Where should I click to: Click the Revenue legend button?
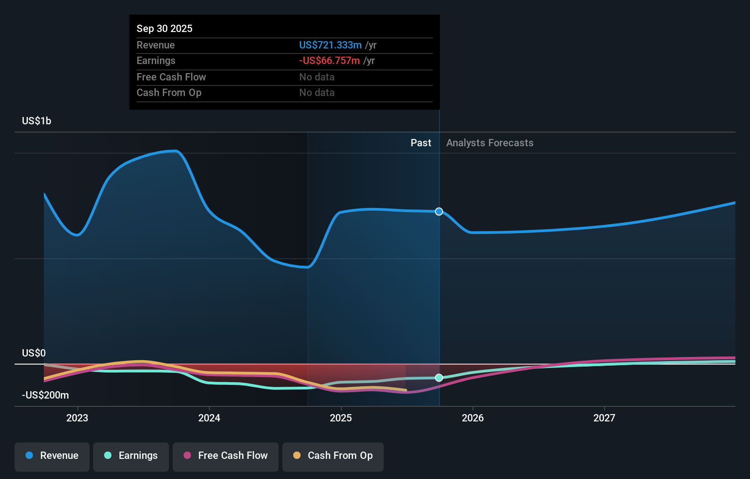[x=52, y=456]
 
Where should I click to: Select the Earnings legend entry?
[x=131, y=456]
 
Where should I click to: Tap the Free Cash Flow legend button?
[x=226, y=456]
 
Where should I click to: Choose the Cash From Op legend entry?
[x=333, y=456]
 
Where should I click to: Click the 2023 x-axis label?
[x=77, y=418]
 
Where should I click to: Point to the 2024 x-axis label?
[x=209, y=418]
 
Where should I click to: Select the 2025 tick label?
[x=341, y=418]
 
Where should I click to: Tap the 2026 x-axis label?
[x=473, y=418]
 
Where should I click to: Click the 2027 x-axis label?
[x=604, y=418]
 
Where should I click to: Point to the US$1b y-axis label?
[x=37, y=121]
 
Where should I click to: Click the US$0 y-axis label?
[x=34, y=353]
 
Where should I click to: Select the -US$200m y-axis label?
[x=45, y=395]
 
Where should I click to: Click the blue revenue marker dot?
[x=439, y=212]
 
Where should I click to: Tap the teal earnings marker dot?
[x=439, y=378]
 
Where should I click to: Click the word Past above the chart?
[x=421, y=143]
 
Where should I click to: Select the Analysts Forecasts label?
[x=490, y=143]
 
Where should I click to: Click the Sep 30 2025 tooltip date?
[x=164, y=29]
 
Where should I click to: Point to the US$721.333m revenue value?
[x=330, y=45]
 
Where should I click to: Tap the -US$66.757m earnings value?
[x=329, y=61]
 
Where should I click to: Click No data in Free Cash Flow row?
[x=317, y=77]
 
